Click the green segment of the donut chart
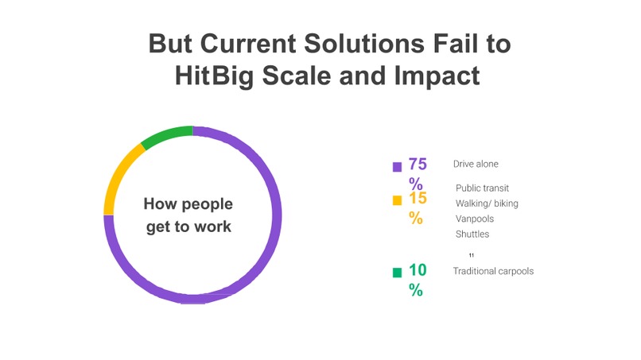pyautogui.click(x=165, y=136)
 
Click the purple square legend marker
pyautogui.click(x=397, y=167)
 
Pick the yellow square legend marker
pyautogui.click(x=397, y=200)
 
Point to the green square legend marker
pyautogui.click(x=397, y=273)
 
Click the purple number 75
pyautogui.click(x=418, y=165)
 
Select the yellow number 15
pyautogui.click(x=418, y=198)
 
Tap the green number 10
pyautogui.click(x=418, y=270)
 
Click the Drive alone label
pyautogui.click(x=476, y=164)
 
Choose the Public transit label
pyautogui.click(x=482, y=188)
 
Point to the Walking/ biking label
pyautogui.click(x=487, y=203)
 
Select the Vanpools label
pyautogui.click(x=475, y=219)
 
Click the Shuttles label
pyautogui.click(x=472, y=234)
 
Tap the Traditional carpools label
pyautogui.click(x=493, y=271)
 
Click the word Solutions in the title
pyautogui.click(x=364, y=44)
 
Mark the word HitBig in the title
pyautogui.click(x=214, y=76)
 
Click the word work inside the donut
pyautogui.click(x=212, y=226)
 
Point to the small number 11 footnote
pyautogui.click(x=472, y=255)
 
